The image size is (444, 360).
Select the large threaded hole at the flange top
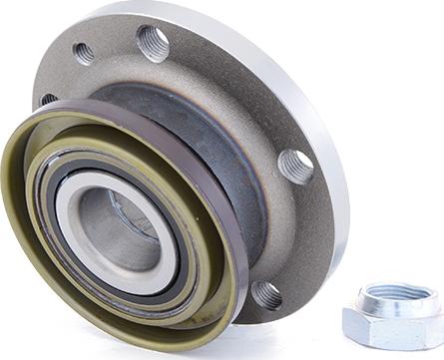click(x=153, y=42)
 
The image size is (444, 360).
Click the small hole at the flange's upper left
click(x=84, y=53)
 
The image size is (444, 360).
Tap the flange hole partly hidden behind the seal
click(x=47, y=100)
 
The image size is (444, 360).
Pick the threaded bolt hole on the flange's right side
click(x=294, y=165)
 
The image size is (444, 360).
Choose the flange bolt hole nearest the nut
click(x=266, y=294)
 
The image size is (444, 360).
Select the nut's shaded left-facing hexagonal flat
click(x=352, y=324)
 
